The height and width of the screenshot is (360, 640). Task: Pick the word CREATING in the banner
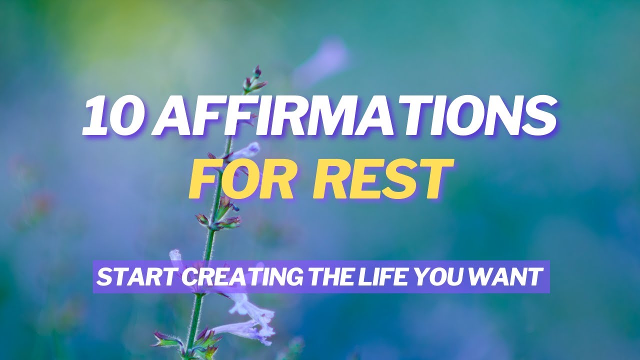pyautogui.click(x=217, y=277)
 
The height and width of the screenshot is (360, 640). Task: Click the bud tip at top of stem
pyautogui.click(x=257, y=71)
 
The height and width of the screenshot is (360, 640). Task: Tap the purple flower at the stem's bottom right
pyautogui.click(x=255, y=320)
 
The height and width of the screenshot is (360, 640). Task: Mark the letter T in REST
pyautogui.click(x=430, y=178)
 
